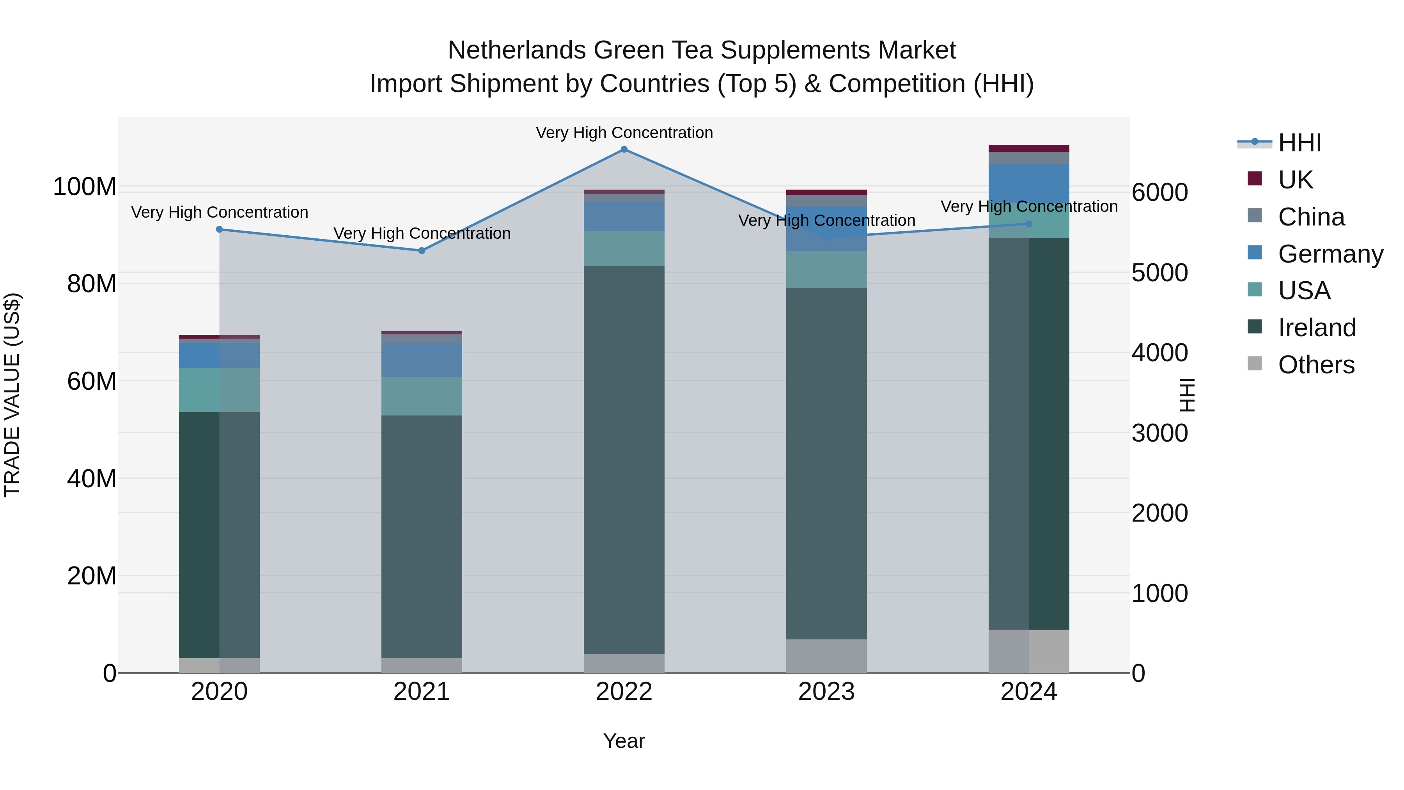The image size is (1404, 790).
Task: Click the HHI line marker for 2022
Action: (624, 149)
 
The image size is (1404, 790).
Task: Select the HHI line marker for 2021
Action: (421, 251)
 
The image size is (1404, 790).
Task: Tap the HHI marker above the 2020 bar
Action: (219, 229)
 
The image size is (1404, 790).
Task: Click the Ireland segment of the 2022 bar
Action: (624, 460)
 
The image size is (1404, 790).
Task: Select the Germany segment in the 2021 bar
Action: (421, 360)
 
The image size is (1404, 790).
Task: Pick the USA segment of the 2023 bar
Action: (826, 270)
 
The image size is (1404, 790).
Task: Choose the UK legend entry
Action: (1294, 180)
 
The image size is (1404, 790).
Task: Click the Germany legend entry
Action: (1330, 254)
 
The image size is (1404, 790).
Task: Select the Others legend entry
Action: (1316, 365)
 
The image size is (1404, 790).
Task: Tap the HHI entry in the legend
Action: (1299, 143)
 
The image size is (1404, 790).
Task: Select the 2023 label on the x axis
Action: (826, 692)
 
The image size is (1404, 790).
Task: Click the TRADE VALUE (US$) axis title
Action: (12, 395)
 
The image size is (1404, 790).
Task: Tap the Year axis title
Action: (624, 741)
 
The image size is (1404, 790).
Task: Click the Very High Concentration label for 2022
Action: (624, 133)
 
